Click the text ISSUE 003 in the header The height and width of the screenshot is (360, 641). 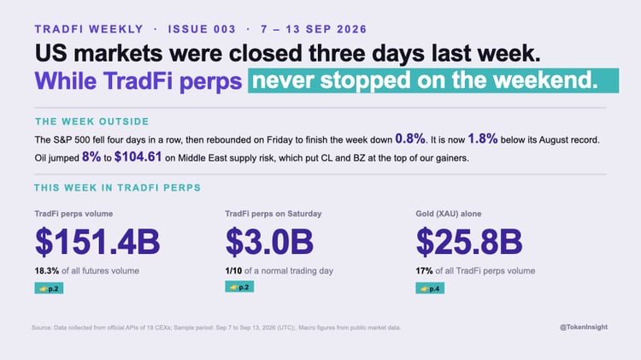pos(202,29)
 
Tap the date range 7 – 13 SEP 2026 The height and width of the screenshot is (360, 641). pos(314,29)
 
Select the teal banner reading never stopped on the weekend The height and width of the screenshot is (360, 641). pos(433,80)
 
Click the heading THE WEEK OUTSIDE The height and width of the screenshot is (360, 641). pos(92,121)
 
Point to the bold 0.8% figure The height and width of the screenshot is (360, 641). pos(410,139)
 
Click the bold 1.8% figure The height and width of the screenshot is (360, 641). pos(483,139)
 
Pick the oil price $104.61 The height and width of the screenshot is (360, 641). pos(138,156)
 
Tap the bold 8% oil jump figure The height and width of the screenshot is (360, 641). pos(91,156)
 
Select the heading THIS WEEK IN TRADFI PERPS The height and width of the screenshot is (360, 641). pos(118,188)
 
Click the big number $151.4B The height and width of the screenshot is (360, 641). pos(97,241)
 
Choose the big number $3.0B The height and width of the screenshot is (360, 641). pos(269,241)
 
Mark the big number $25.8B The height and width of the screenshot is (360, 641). pos(469,241)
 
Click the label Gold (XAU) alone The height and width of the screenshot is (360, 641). pos(449,214)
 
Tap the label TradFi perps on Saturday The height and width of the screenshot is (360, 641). pos(273,214)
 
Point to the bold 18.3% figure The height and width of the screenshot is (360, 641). pos(47,271)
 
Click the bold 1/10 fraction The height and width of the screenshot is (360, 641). pos(233,271)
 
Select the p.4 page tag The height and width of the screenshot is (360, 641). pos(430,288)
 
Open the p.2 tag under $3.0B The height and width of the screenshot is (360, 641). pos(239,286)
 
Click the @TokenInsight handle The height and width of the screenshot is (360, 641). pos(584,327)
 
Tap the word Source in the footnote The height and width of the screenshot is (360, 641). pos(41,328)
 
